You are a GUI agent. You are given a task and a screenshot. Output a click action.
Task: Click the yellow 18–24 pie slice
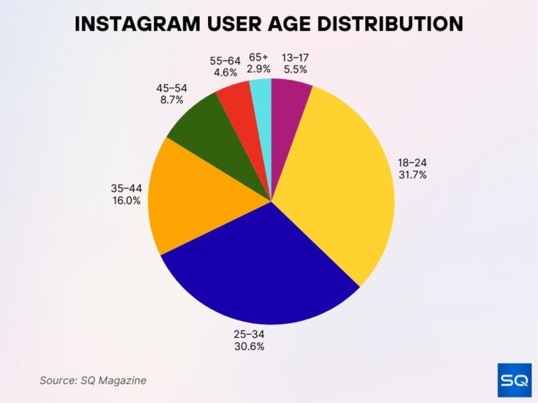coord(336,175)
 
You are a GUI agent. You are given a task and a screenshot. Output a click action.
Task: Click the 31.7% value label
coord(412,175)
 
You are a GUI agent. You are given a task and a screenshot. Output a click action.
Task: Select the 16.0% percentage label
coord(126,200)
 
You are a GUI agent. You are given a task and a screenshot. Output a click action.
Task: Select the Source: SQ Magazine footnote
coord(92,380)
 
